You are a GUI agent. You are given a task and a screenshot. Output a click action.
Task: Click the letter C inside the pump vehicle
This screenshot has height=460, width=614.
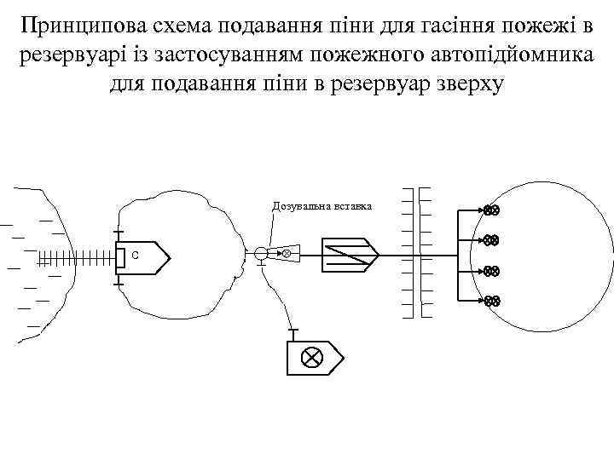coord(135,255)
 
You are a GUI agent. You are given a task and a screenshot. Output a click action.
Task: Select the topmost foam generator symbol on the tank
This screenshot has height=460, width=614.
coord(490,210)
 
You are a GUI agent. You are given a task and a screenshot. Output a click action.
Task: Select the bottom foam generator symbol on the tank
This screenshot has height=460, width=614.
coord(490,301)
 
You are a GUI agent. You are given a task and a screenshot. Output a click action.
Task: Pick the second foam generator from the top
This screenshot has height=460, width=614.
coord(490,241)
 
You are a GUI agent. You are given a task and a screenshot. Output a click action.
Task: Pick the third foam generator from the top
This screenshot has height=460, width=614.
coord(490,272)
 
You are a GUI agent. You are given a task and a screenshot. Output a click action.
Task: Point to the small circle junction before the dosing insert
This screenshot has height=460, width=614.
coord(260,253)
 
